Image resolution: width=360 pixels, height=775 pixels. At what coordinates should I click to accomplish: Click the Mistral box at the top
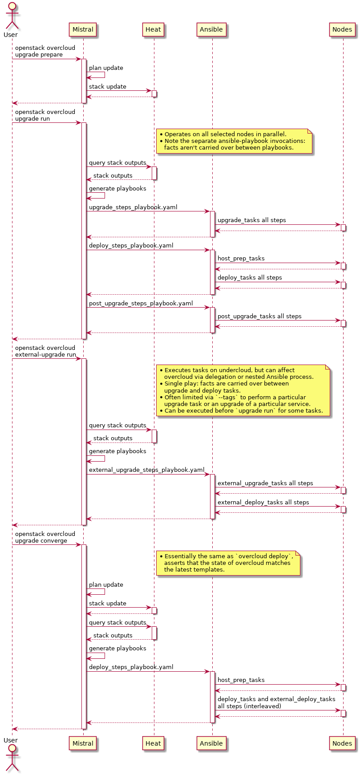point(83,30)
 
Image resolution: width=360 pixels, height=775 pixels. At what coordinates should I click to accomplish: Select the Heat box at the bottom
point(153,743)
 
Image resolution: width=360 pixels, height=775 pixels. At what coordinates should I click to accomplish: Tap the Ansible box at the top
point(211,30)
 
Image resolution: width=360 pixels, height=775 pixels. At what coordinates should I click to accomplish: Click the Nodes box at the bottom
point(342,743)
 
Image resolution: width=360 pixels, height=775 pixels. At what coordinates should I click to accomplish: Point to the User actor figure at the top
point(12,16)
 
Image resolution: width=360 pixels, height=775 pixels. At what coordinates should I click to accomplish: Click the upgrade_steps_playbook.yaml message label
point(133,207)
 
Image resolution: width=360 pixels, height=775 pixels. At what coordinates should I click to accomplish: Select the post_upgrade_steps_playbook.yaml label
point(141,303)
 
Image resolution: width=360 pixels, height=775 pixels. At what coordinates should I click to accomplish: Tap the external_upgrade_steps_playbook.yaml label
point(146,470)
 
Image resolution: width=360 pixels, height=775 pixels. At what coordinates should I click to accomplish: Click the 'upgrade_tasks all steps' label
point(251,220)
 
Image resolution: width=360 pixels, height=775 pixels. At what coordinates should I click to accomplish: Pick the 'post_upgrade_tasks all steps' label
point(259,316)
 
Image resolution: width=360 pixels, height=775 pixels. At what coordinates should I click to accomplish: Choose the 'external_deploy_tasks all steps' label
point(263,502)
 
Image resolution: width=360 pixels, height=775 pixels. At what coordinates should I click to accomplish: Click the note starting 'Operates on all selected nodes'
point(234,141)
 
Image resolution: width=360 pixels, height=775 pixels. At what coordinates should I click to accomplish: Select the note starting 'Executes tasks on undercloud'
point(243,390)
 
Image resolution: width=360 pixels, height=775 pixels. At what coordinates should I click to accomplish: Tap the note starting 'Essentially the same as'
point(228,563)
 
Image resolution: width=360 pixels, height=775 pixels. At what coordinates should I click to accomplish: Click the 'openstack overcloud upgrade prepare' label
point(45,51)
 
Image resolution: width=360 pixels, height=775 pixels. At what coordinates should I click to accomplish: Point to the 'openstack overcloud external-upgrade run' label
point(45,351)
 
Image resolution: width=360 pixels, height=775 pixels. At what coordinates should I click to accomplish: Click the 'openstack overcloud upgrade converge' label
point(45,537)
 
